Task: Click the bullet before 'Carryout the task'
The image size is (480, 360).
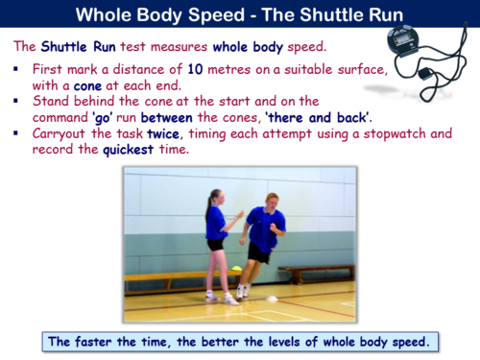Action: click(19, 133)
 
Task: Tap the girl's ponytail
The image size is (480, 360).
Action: click(208, 203)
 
